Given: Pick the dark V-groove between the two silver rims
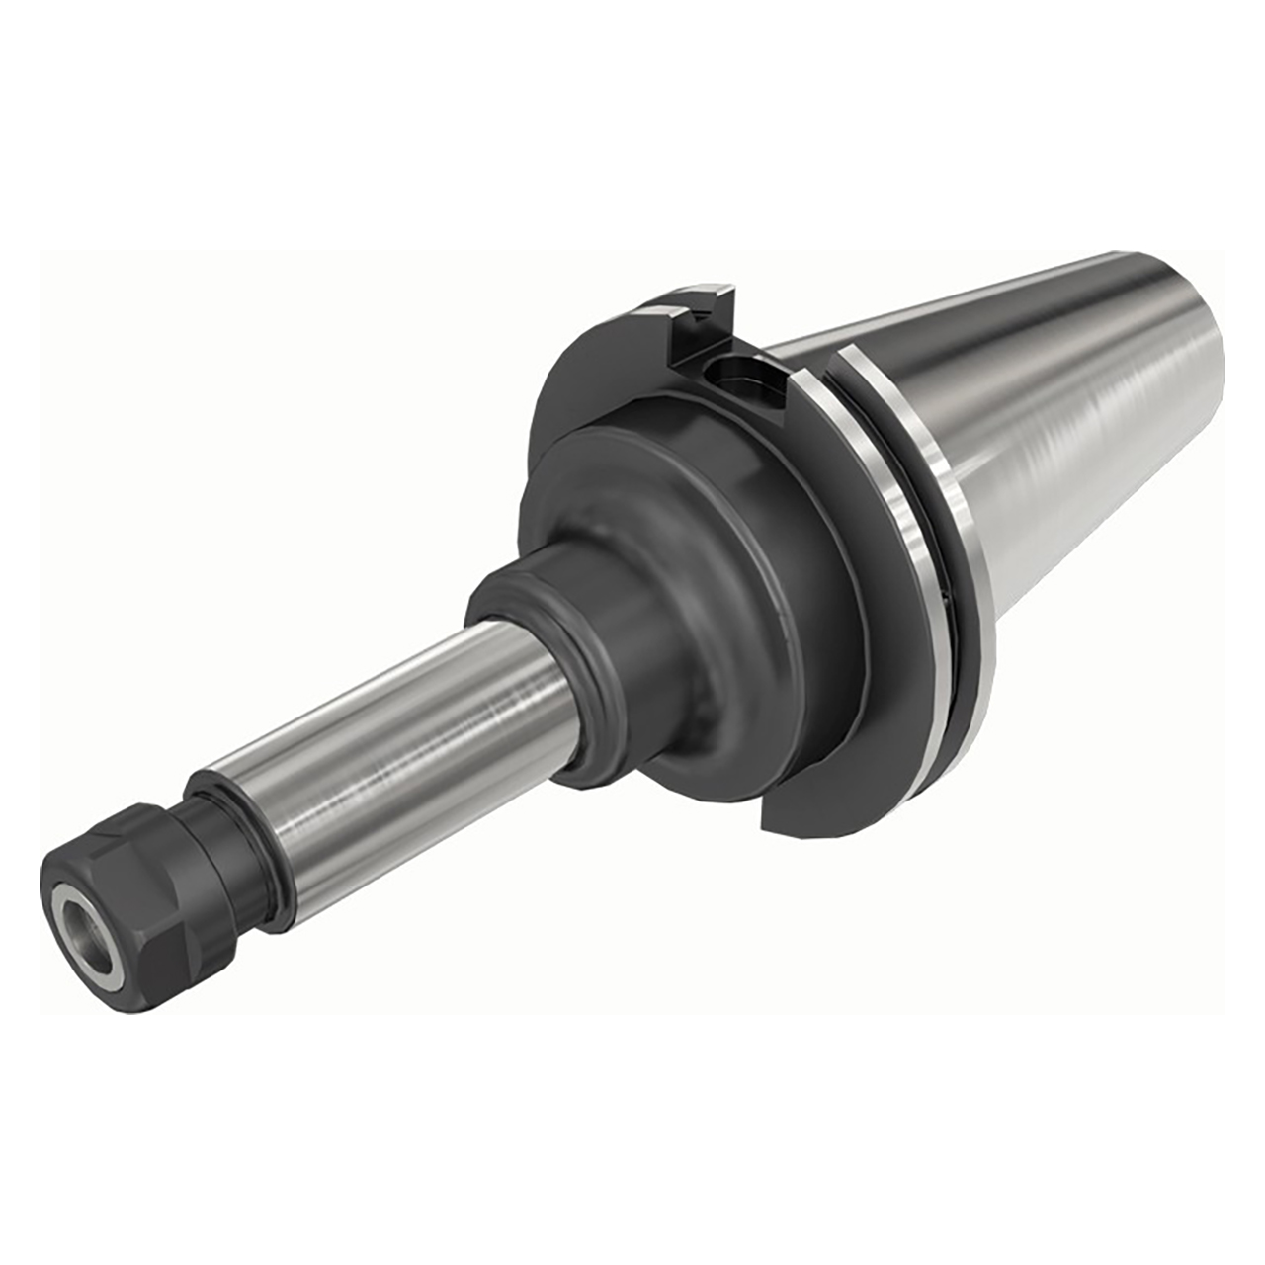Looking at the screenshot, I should click(939, 553).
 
